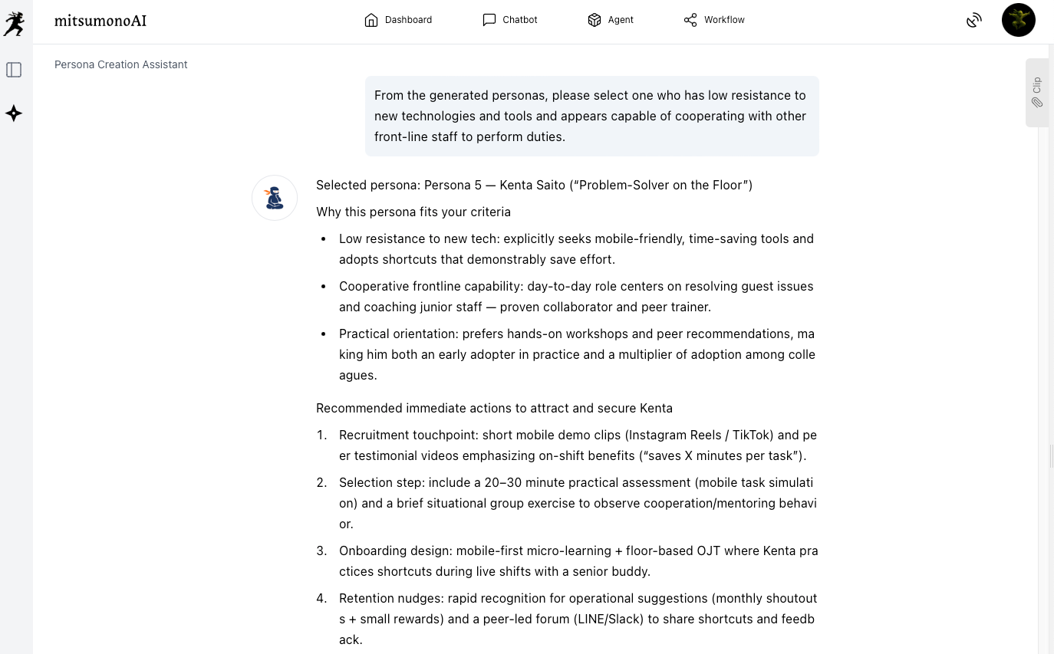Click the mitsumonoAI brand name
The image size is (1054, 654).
point(100,21)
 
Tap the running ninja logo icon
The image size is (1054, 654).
point(14,24)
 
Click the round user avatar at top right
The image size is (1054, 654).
point(1018,20)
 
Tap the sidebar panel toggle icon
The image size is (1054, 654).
point(14,70)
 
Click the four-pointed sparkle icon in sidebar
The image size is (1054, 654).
point(14,113)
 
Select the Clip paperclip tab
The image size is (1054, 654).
point(1036,92)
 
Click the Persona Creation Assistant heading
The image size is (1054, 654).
point(120,64)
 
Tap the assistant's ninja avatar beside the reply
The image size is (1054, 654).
point(275,198)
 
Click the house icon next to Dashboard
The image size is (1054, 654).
point(371,20)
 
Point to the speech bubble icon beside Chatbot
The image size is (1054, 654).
point(489,20)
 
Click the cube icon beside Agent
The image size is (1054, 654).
point(594,20)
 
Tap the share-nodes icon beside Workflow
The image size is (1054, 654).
point(690,20)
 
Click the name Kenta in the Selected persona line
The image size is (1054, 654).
point(515,185)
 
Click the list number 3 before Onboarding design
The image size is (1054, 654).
point(321,550)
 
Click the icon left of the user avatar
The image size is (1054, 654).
point(973,21)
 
